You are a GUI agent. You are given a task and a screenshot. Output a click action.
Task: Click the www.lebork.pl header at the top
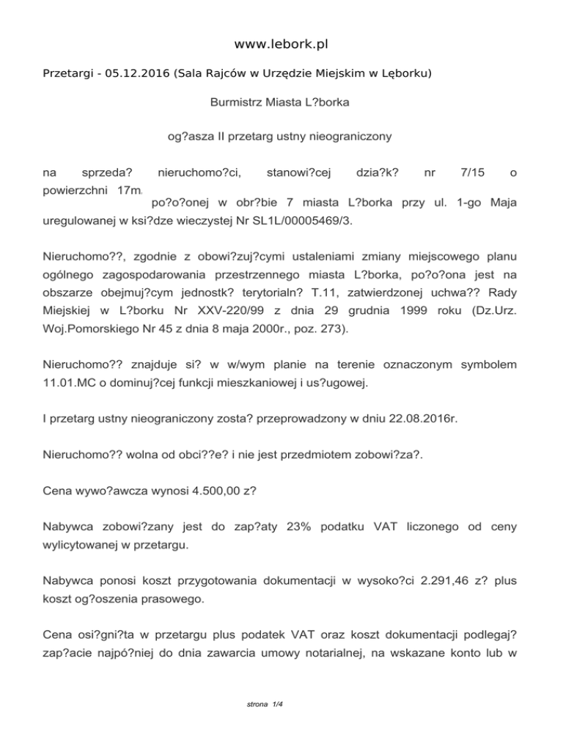[281, 45]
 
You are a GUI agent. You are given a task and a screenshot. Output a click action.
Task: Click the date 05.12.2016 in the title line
[136, 74]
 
